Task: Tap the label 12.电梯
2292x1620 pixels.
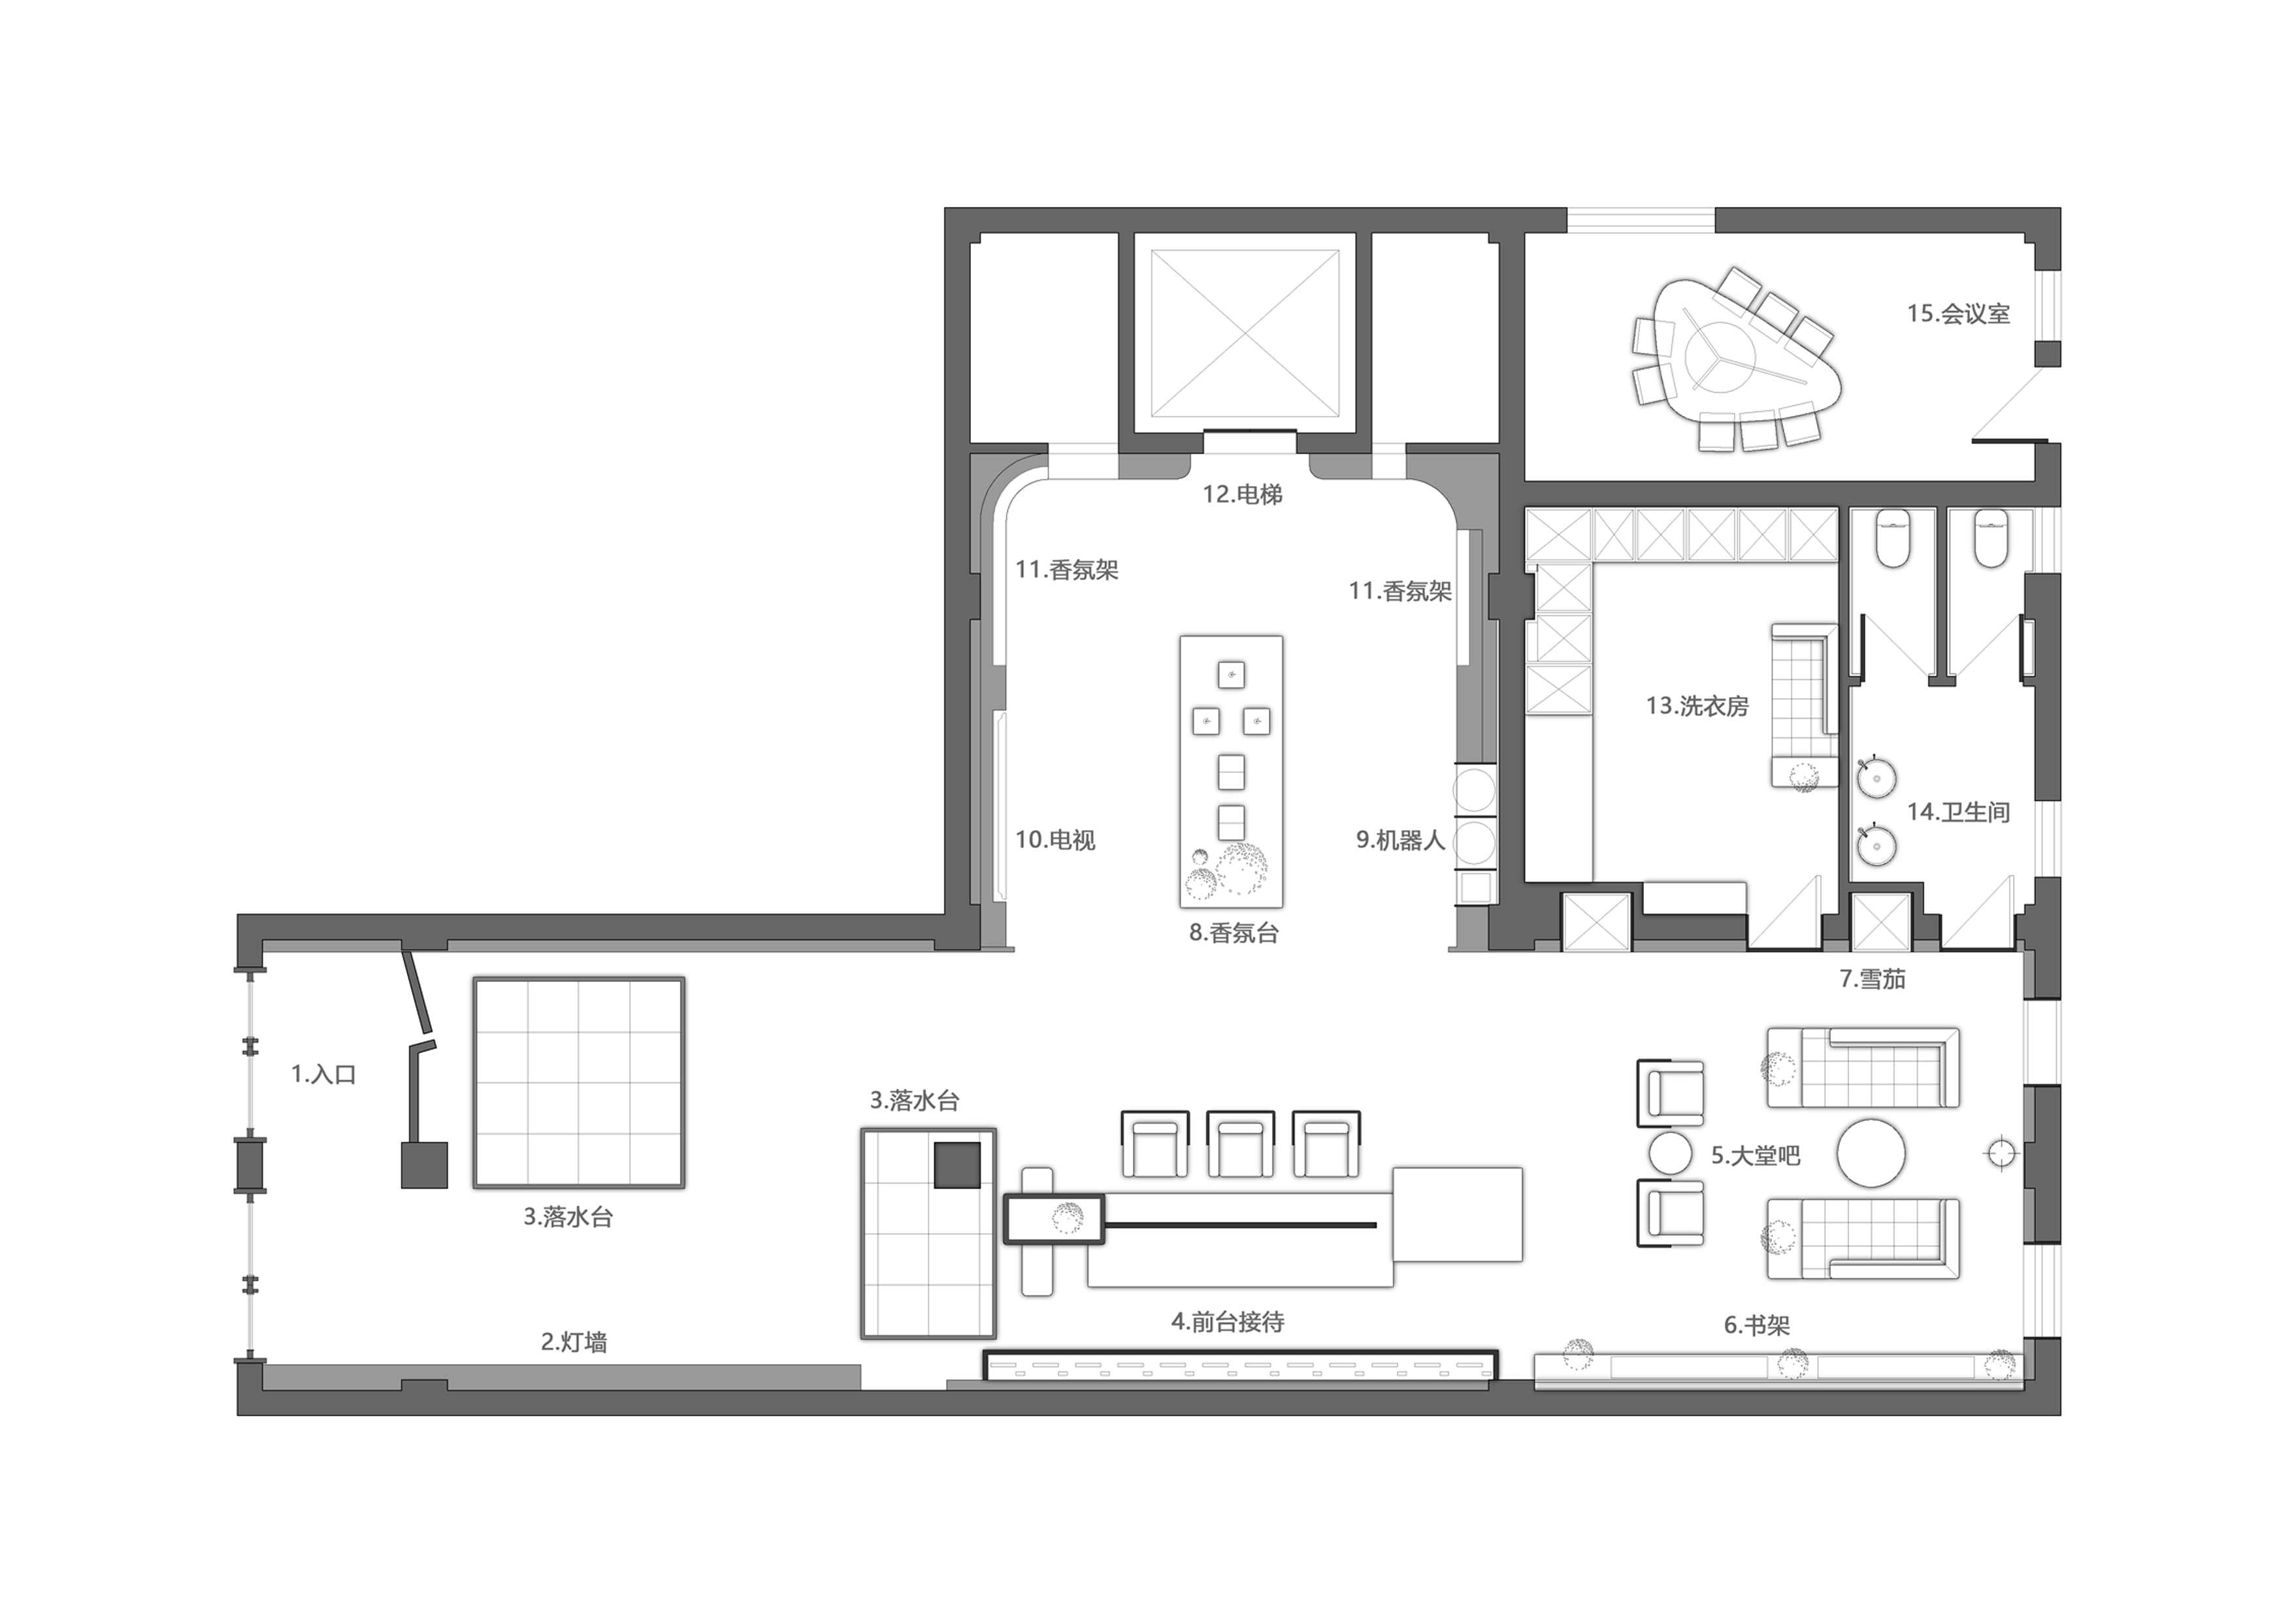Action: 1242,494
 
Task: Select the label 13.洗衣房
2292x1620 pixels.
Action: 1697,707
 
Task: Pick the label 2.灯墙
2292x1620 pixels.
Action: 574,1342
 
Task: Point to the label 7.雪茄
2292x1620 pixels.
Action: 1873,979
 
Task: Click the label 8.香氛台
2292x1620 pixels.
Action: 1234,933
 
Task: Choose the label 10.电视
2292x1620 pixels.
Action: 1055,841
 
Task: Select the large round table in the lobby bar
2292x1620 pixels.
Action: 1872,1153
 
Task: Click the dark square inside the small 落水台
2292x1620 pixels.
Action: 957,1165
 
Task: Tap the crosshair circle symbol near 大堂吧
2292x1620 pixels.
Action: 1999,1154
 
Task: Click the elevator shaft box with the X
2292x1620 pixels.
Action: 1245,332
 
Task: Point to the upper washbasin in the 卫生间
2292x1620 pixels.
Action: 1876,779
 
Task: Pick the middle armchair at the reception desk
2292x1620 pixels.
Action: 1241,1143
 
